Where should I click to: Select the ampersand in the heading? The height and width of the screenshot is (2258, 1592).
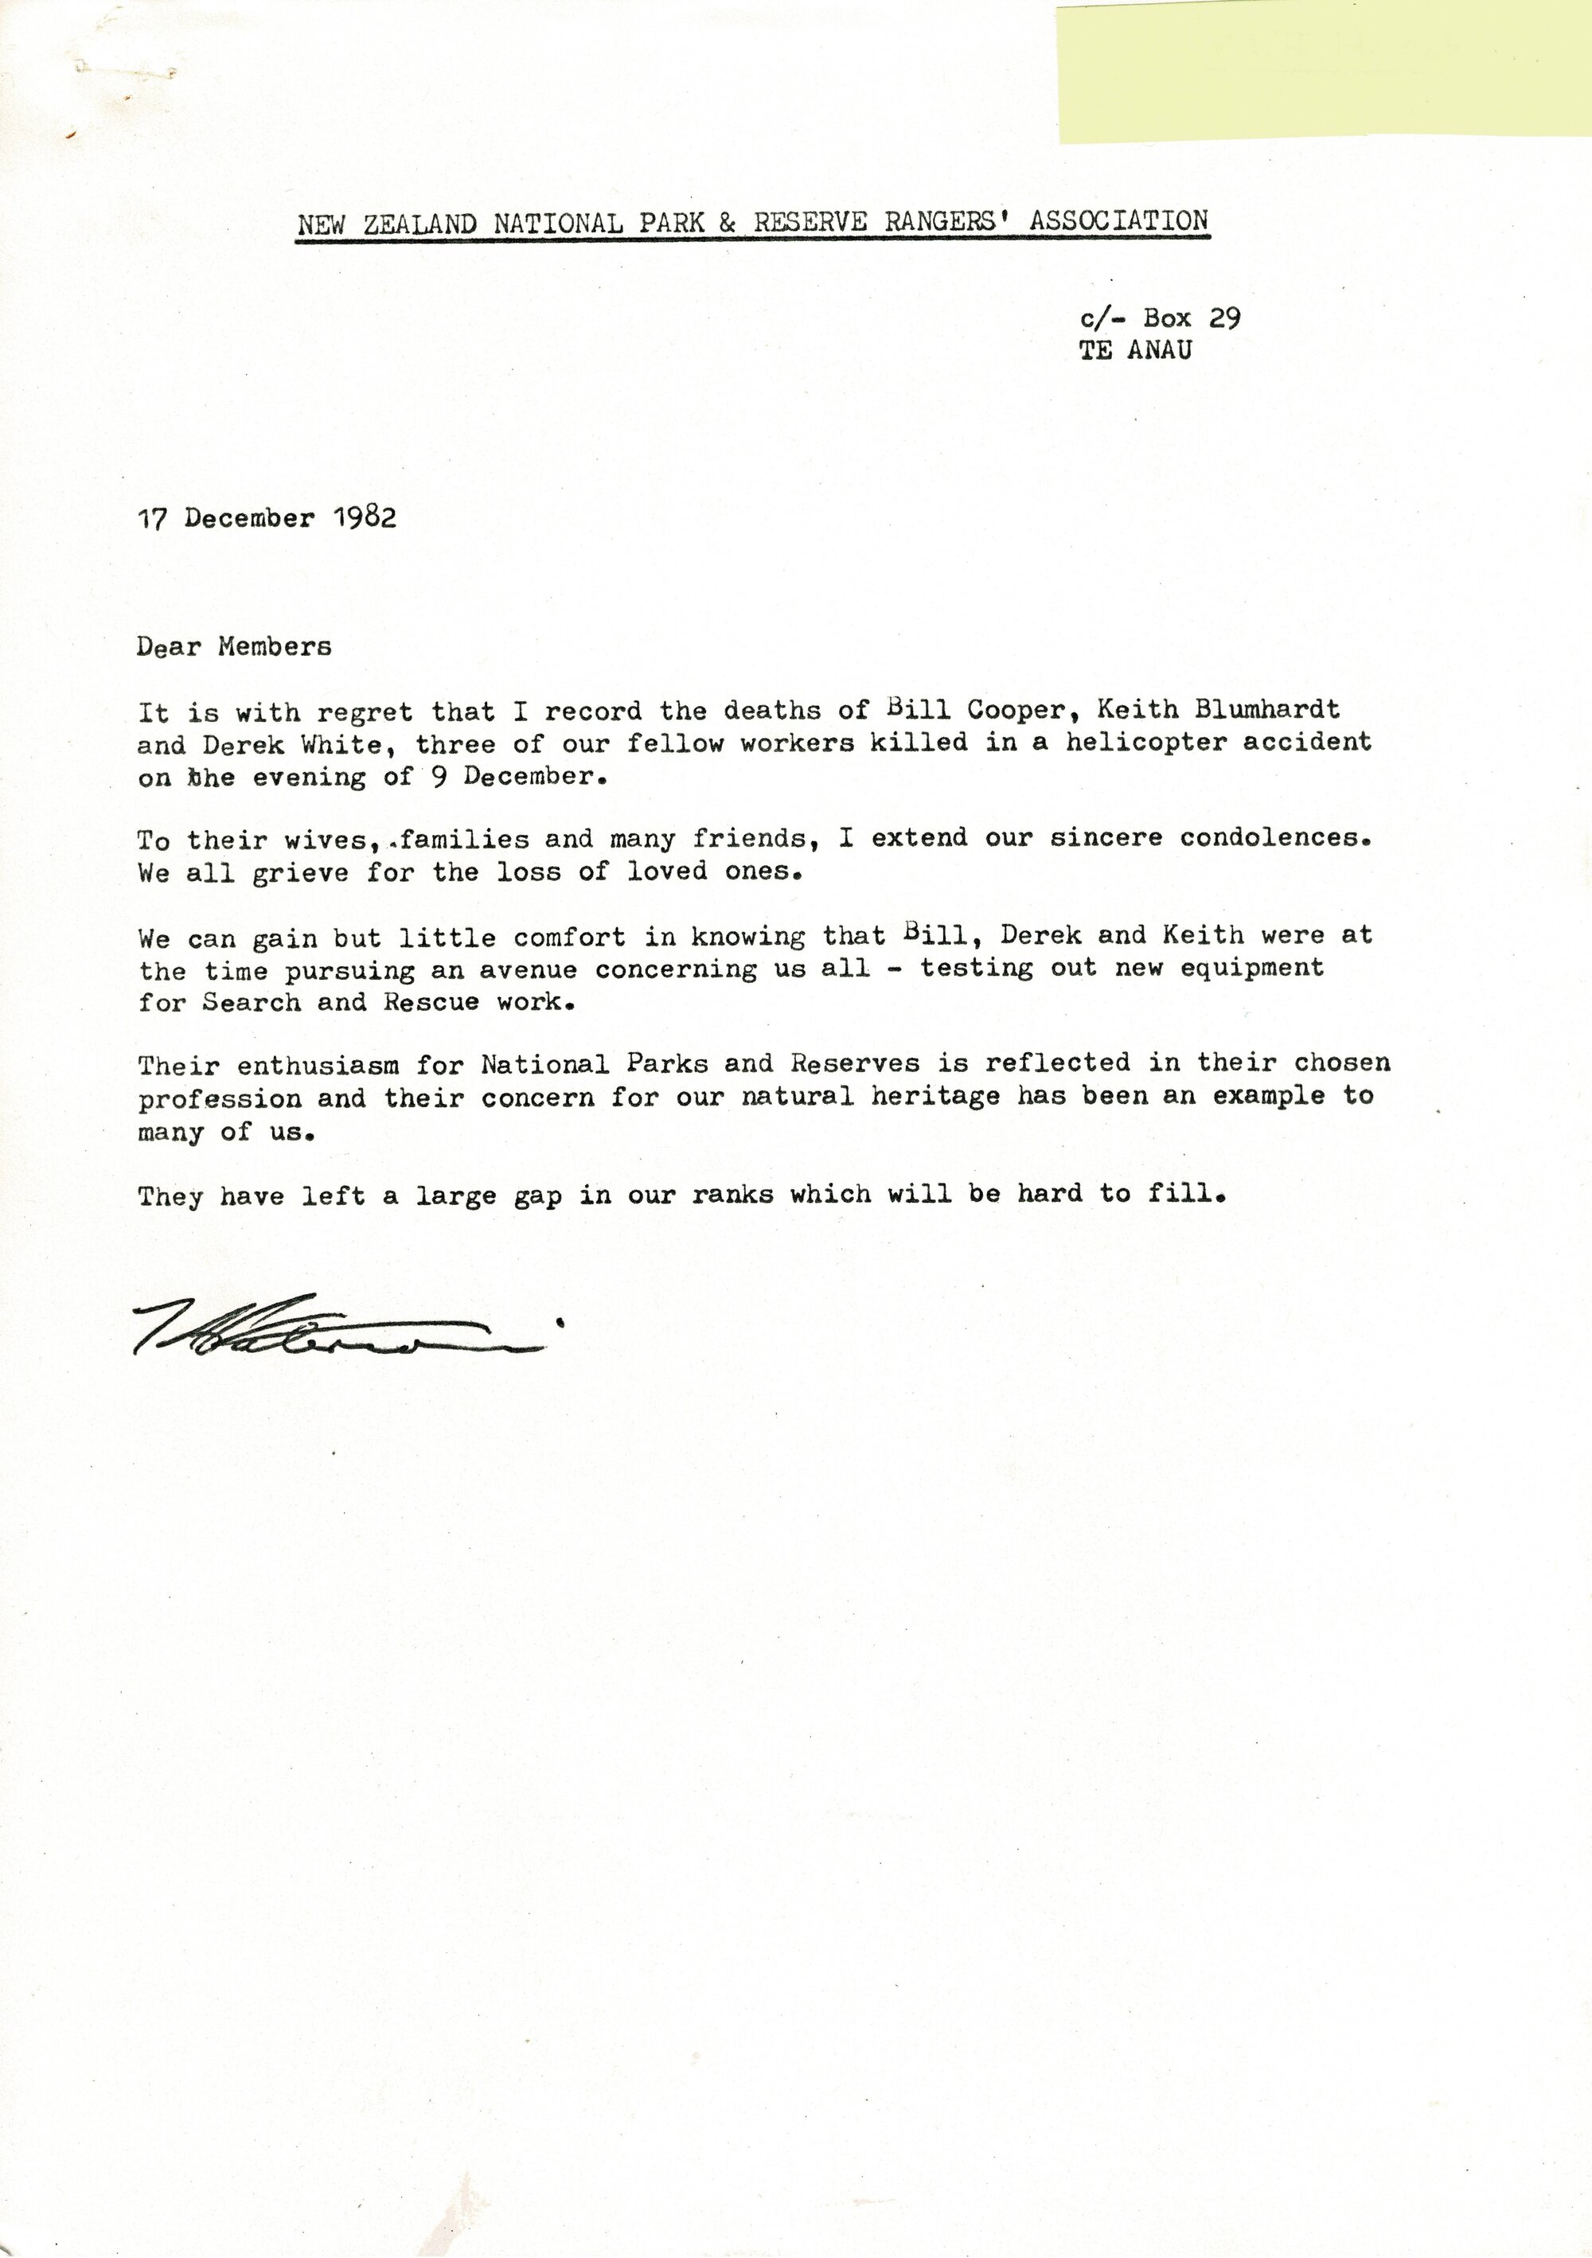(x=728, y=222)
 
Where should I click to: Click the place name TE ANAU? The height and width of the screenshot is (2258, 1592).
(x=1135, y=350)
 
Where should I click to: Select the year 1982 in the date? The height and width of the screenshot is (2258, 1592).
(x=365, y=518)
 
